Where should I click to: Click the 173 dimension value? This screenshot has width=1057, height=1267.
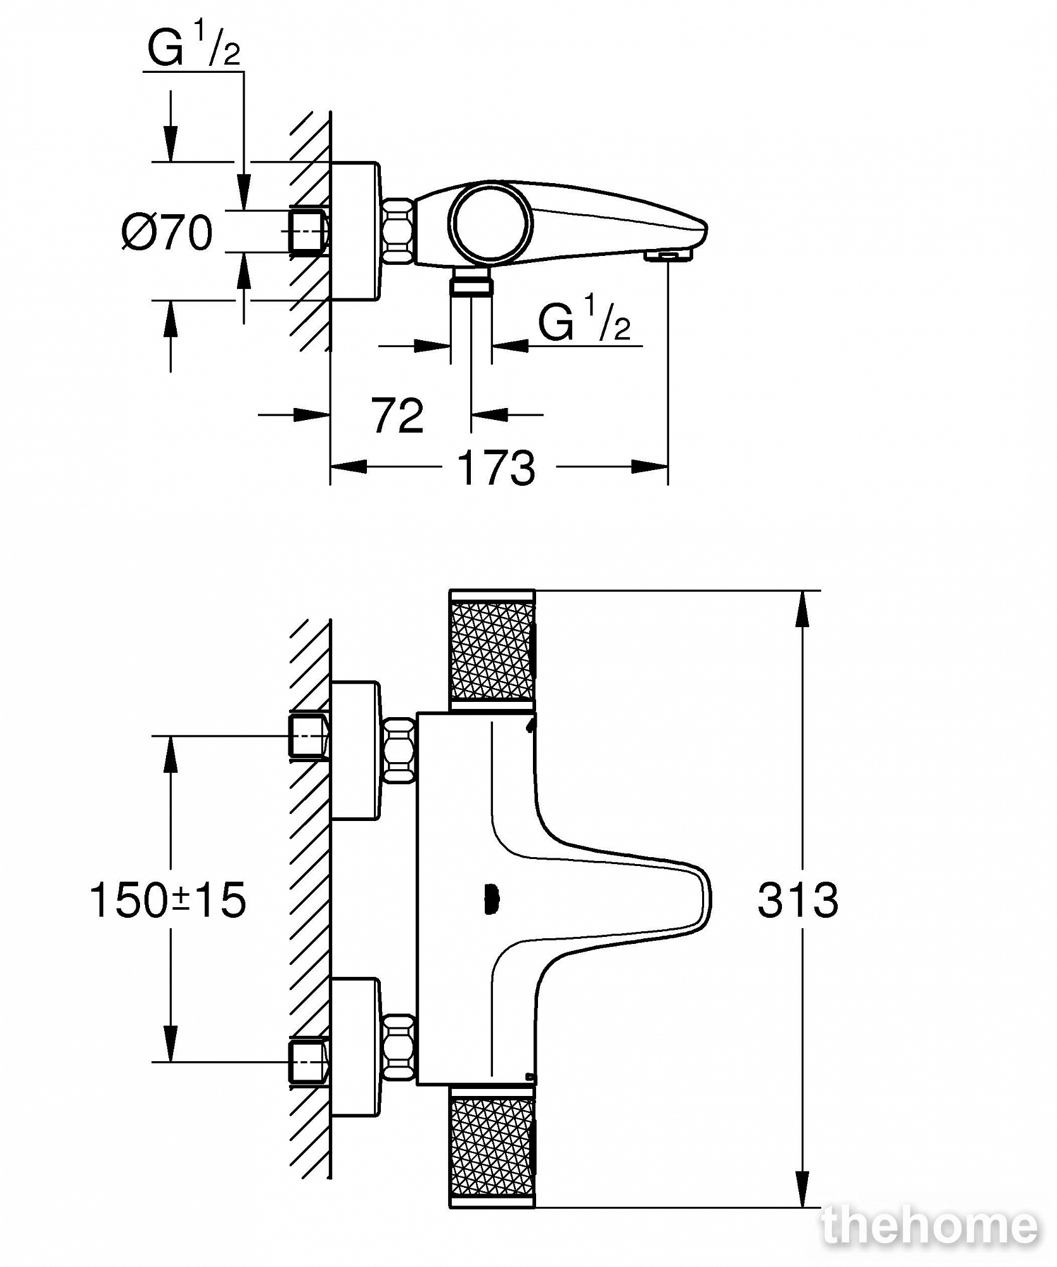496,468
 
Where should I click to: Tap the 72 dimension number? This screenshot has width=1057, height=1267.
397,416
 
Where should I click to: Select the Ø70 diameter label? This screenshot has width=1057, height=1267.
167,232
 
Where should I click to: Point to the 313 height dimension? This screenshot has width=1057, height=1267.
798,900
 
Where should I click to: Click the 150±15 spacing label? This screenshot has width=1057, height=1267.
168,900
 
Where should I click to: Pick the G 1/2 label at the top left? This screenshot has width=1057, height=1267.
194,48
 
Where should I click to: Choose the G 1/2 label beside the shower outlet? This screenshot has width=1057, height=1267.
584,321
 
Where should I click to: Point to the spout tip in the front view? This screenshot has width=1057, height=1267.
707,900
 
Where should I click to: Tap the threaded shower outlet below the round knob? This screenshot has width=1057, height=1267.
471,281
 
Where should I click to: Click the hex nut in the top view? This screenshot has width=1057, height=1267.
399,231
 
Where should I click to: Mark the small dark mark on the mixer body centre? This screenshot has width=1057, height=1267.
489,900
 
